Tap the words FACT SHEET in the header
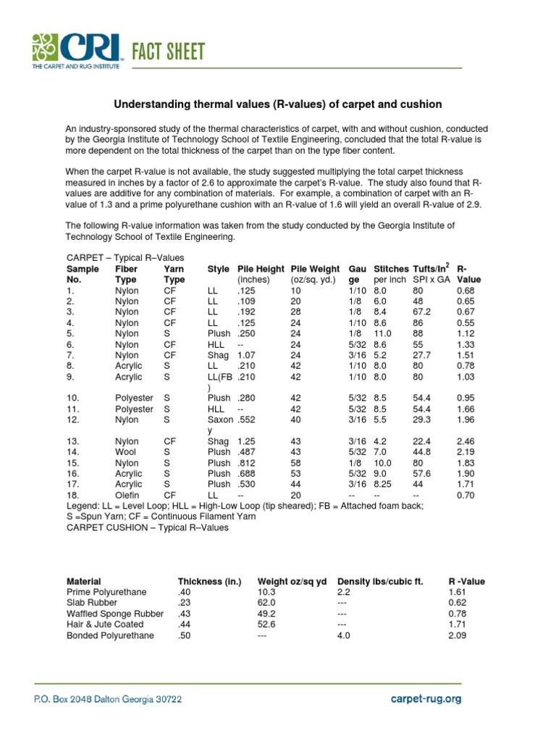168,51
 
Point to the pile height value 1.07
248,356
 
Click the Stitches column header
391,269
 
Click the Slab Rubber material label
92,602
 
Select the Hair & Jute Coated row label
105,624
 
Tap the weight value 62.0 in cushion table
267,602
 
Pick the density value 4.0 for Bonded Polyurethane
344,635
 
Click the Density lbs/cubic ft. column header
380,581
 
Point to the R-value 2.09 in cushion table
458,635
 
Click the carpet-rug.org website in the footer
425,699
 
